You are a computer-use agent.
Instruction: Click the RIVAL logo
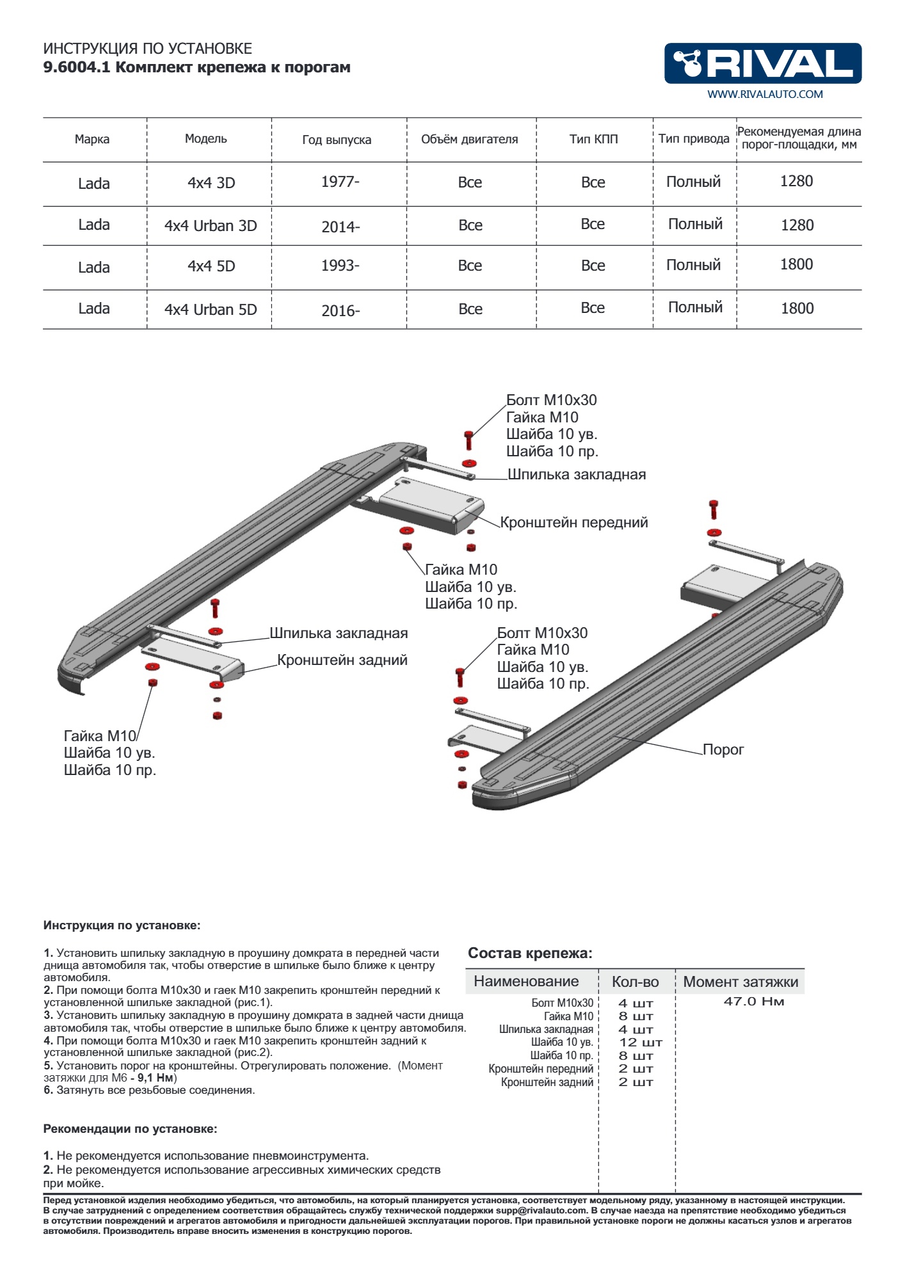tap(762, 63)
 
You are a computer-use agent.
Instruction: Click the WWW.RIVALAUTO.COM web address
tap(765, 94)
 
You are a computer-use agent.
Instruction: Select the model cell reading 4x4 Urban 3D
tap(211, 226)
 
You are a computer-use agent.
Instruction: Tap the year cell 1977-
tap(340, 182)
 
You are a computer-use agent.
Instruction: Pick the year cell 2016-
tap(340, 311)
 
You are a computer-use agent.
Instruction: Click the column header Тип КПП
tap(593, 139)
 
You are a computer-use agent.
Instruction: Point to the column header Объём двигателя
tap(469, 140)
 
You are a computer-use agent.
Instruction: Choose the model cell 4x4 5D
tap(211, 266)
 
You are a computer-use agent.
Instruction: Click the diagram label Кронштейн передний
tap(573, 522)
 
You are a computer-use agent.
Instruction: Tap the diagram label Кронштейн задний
tap(342, 660)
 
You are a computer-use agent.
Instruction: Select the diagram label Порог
tap(723, 749)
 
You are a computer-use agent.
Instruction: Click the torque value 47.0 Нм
tap(753, 1002)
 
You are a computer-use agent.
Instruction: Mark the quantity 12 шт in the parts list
tap(640, 1043)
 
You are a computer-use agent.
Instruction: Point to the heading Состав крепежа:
tap(530, 953)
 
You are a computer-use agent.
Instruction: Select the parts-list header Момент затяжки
tap(741, 982)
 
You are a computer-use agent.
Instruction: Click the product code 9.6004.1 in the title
tap(76, 68)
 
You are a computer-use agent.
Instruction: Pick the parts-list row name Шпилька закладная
tap(546, 1029)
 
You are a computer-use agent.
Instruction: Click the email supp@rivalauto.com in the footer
tap(541, 1210)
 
